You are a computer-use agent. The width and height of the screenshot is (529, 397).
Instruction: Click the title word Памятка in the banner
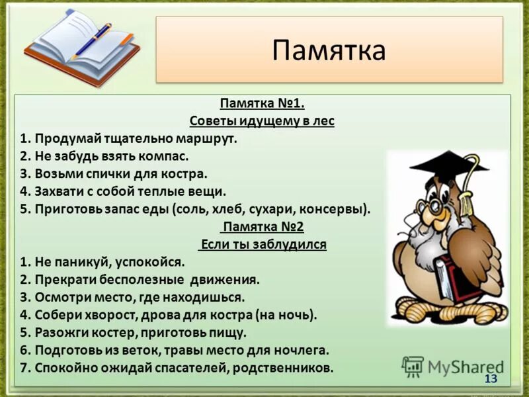pos(329,50)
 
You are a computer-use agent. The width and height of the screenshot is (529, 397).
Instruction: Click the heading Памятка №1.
pos(262,104)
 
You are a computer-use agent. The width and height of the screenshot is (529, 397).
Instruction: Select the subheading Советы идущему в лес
pos(262,121)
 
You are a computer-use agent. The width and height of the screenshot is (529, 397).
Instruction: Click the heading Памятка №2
pos(263,227)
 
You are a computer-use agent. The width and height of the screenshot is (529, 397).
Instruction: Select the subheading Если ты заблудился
pos(263,245)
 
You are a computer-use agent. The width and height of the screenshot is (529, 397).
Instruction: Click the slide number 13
pos(491,378)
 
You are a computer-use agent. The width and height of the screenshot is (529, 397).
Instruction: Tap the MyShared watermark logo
pos(452,366)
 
